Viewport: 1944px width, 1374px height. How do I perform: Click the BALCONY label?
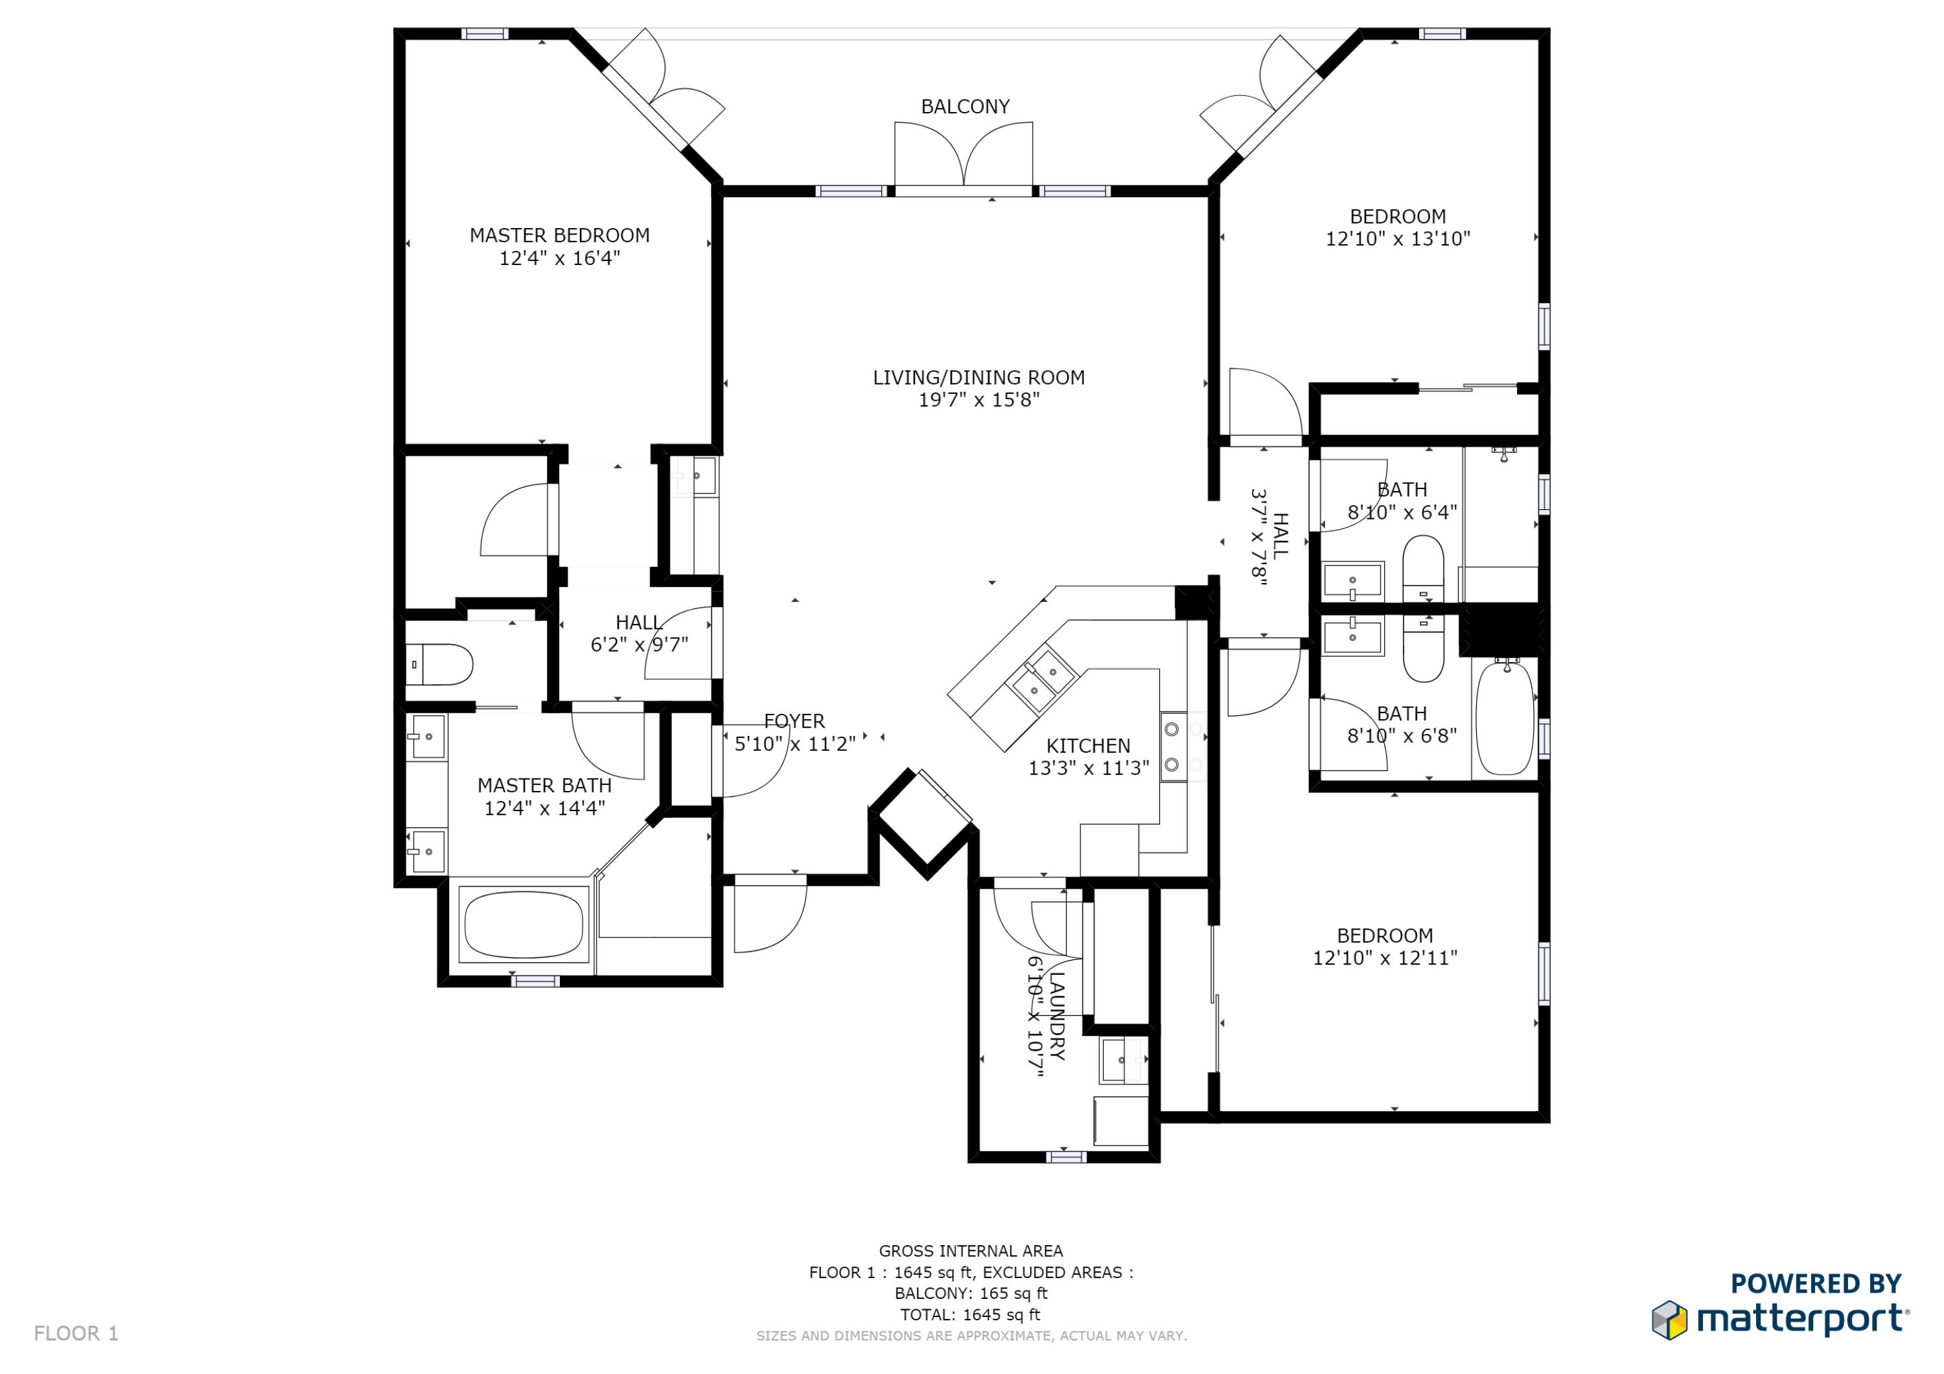(966, 107)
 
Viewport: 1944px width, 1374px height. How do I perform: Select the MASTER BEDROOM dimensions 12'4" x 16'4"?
(560, 258)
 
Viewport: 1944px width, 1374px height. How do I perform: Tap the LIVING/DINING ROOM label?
(978, 378)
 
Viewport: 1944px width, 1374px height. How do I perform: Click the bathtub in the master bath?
(523, 924)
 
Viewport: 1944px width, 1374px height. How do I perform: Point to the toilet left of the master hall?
(440, 665)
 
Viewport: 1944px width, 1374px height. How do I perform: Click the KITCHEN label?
(1088, 746)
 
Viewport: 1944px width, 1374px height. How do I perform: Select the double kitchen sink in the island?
(1041, 681)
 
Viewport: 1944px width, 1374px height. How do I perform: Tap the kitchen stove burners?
(1173, 747)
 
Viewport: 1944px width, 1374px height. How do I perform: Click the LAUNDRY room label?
(1057, 1016)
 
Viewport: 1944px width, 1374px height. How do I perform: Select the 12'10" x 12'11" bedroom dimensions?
(1385, 957)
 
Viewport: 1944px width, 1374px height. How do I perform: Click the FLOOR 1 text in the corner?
(76, 1333)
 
